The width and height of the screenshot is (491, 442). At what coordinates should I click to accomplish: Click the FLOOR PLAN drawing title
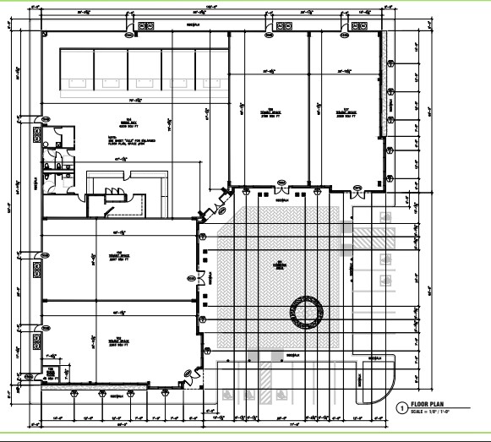tap(430, 404)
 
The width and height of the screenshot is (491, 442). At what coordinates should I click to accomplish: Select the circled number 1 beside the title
tap(401, 407)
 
